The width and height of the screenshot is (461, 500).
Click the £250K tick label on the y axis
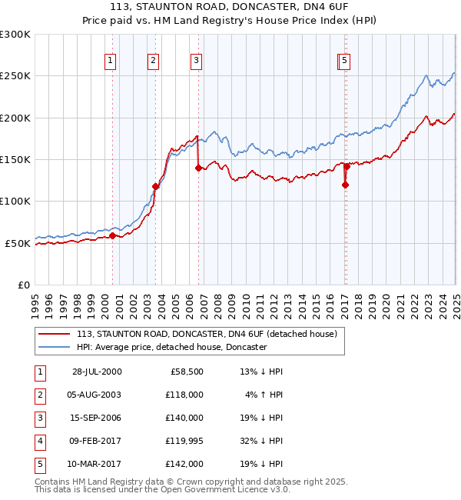click(x=15, y=76)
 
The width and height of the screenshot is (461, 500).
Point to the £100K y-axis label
click(x=15, y=202)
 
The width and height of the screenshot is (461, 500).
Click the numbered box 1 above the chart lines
click(x=111, y=61)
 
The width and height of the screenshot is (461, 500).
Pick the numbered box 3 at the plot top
click(x=196, y=61)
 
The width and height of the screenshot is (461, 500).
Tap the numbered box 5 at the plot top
click(x=345, y=61)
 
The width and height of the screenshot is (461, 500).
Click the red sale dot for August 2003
click(x=155, y=186)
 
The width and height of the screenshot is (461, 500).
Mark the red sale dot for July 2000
click(x=112, y=236)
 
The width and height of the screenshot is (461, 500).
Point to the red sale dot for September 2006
click(x=199, y=168)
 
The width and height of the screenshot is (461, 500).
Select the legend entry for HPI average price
click(x=171, y=348)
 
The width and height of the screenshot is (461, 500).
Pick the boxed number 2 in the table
click(x=38, y=395)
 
